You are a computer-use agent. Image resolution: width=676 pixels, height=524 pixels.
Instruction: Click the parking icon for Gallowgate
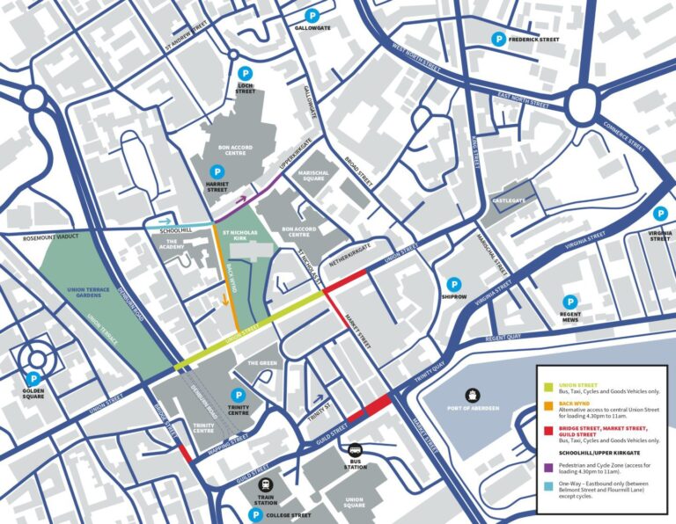click(x=312, y=16)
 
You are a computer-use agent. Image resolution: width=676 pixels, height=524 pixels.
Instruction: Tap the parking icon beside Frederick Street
click(x=499, y=39)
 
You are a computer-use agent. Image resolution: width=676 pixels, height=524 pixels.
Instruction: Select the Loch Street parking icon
click(x=246, y=73)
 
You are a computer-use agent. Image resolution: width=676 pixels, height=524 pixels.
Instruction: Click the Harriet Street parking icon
click(x=216, y=172)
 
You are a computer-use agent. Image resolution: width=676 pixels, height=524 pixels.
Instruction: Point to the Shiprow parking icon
click(x=454, y=284)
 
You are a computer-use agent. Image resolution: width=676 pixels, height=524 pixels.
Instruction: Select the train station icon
click(x=265, y=484)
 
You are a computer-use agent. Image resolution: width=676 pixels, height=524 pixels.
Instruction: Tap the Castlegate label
click(x=509, y=201)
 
